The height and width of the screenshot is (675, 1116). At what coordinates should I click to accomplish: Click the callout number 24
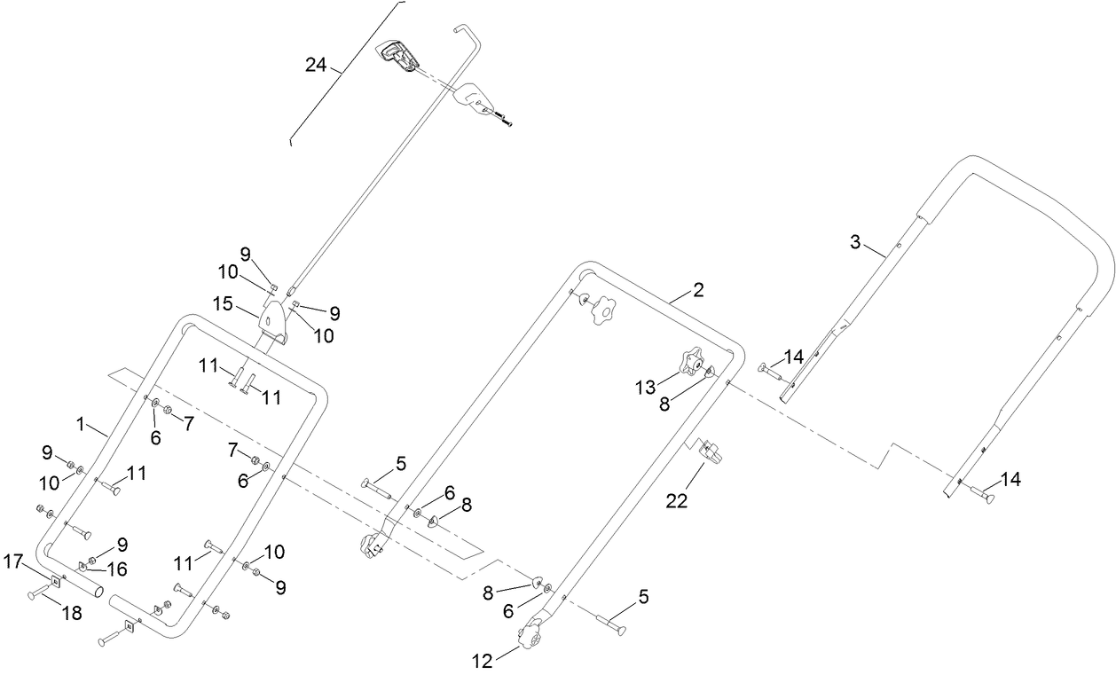pos(316,66)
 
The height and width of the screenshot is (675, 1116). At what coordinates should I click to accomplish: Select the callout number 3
pos(855,241)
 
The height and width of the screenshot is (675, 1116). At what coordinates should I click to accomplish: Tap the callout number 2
pos(698,290)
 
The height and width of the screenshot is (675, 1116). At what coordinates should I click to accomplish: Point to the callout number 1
pos(81,425)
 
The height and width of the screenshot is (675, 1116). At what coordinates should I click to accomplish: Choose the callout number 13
pos(645,387)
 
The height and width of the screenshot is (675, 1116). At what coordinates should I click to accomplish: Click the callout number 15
pos(222,303)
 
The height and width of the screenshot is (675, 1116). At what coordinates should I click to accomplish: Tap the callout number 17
pos(13,561)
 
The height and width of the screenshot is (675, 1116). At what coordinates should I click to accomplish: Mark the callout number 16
pos(116,568)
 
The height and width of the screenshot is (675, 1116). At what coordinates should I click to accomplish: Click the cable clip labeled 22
pos(711,451)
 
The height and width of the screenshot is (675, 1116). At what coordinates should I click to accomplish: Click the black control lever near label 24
pos(399,57)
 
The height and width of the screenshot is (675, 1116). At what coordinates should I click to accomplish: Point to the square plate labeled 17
pos(55,581)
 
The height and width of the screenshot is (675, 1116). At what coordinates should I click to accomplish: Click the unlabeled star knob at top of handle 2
pos(603,310)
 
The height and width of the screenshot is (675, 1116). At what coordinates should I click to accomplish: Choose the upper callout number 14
pos(794,357)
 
